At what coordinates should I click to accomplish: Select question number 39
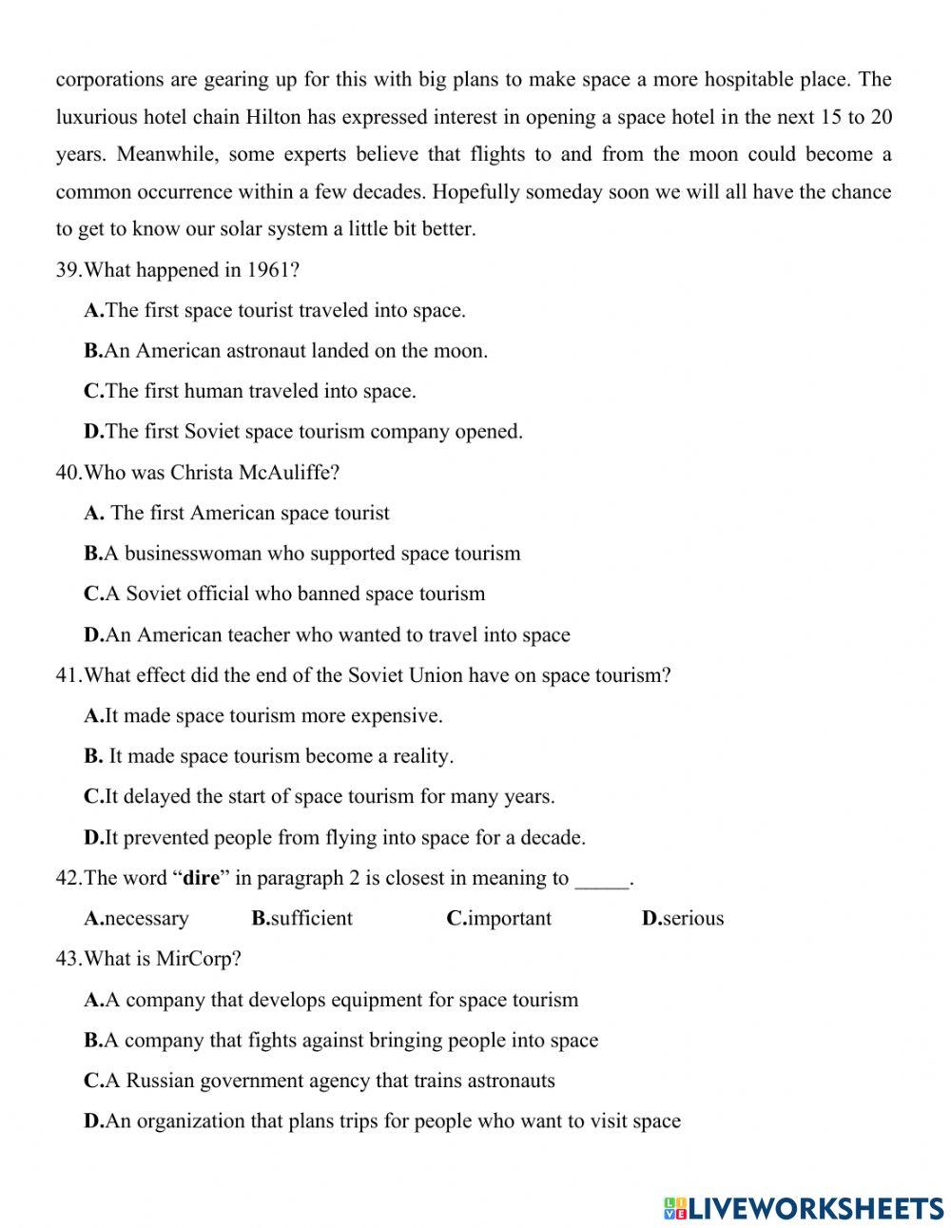point(68,270)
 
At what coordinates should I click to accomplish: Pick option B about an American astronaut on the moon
point(285,350)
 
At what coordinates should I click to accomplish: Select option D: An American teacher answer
point(327,634)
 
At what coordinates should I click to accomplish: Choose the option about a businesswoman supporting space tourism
point(302,554)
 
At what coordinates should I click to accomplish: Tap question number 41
point(68,675)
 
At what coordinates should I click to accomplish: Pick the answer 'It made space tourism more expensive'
point(263,715)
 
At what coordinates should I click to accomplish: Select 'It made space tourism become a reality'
point(269,756)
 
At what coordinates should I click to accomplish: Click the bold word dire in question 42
point(201,878)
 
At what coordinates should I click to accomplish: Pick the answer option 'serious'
point(683,919)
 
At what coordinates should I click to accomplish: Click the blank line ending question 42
point(602,880)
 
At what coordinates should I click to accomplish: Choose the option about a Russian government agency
point(320,1081)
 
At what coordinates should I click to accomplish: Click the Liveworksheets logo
point(804,1208)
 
